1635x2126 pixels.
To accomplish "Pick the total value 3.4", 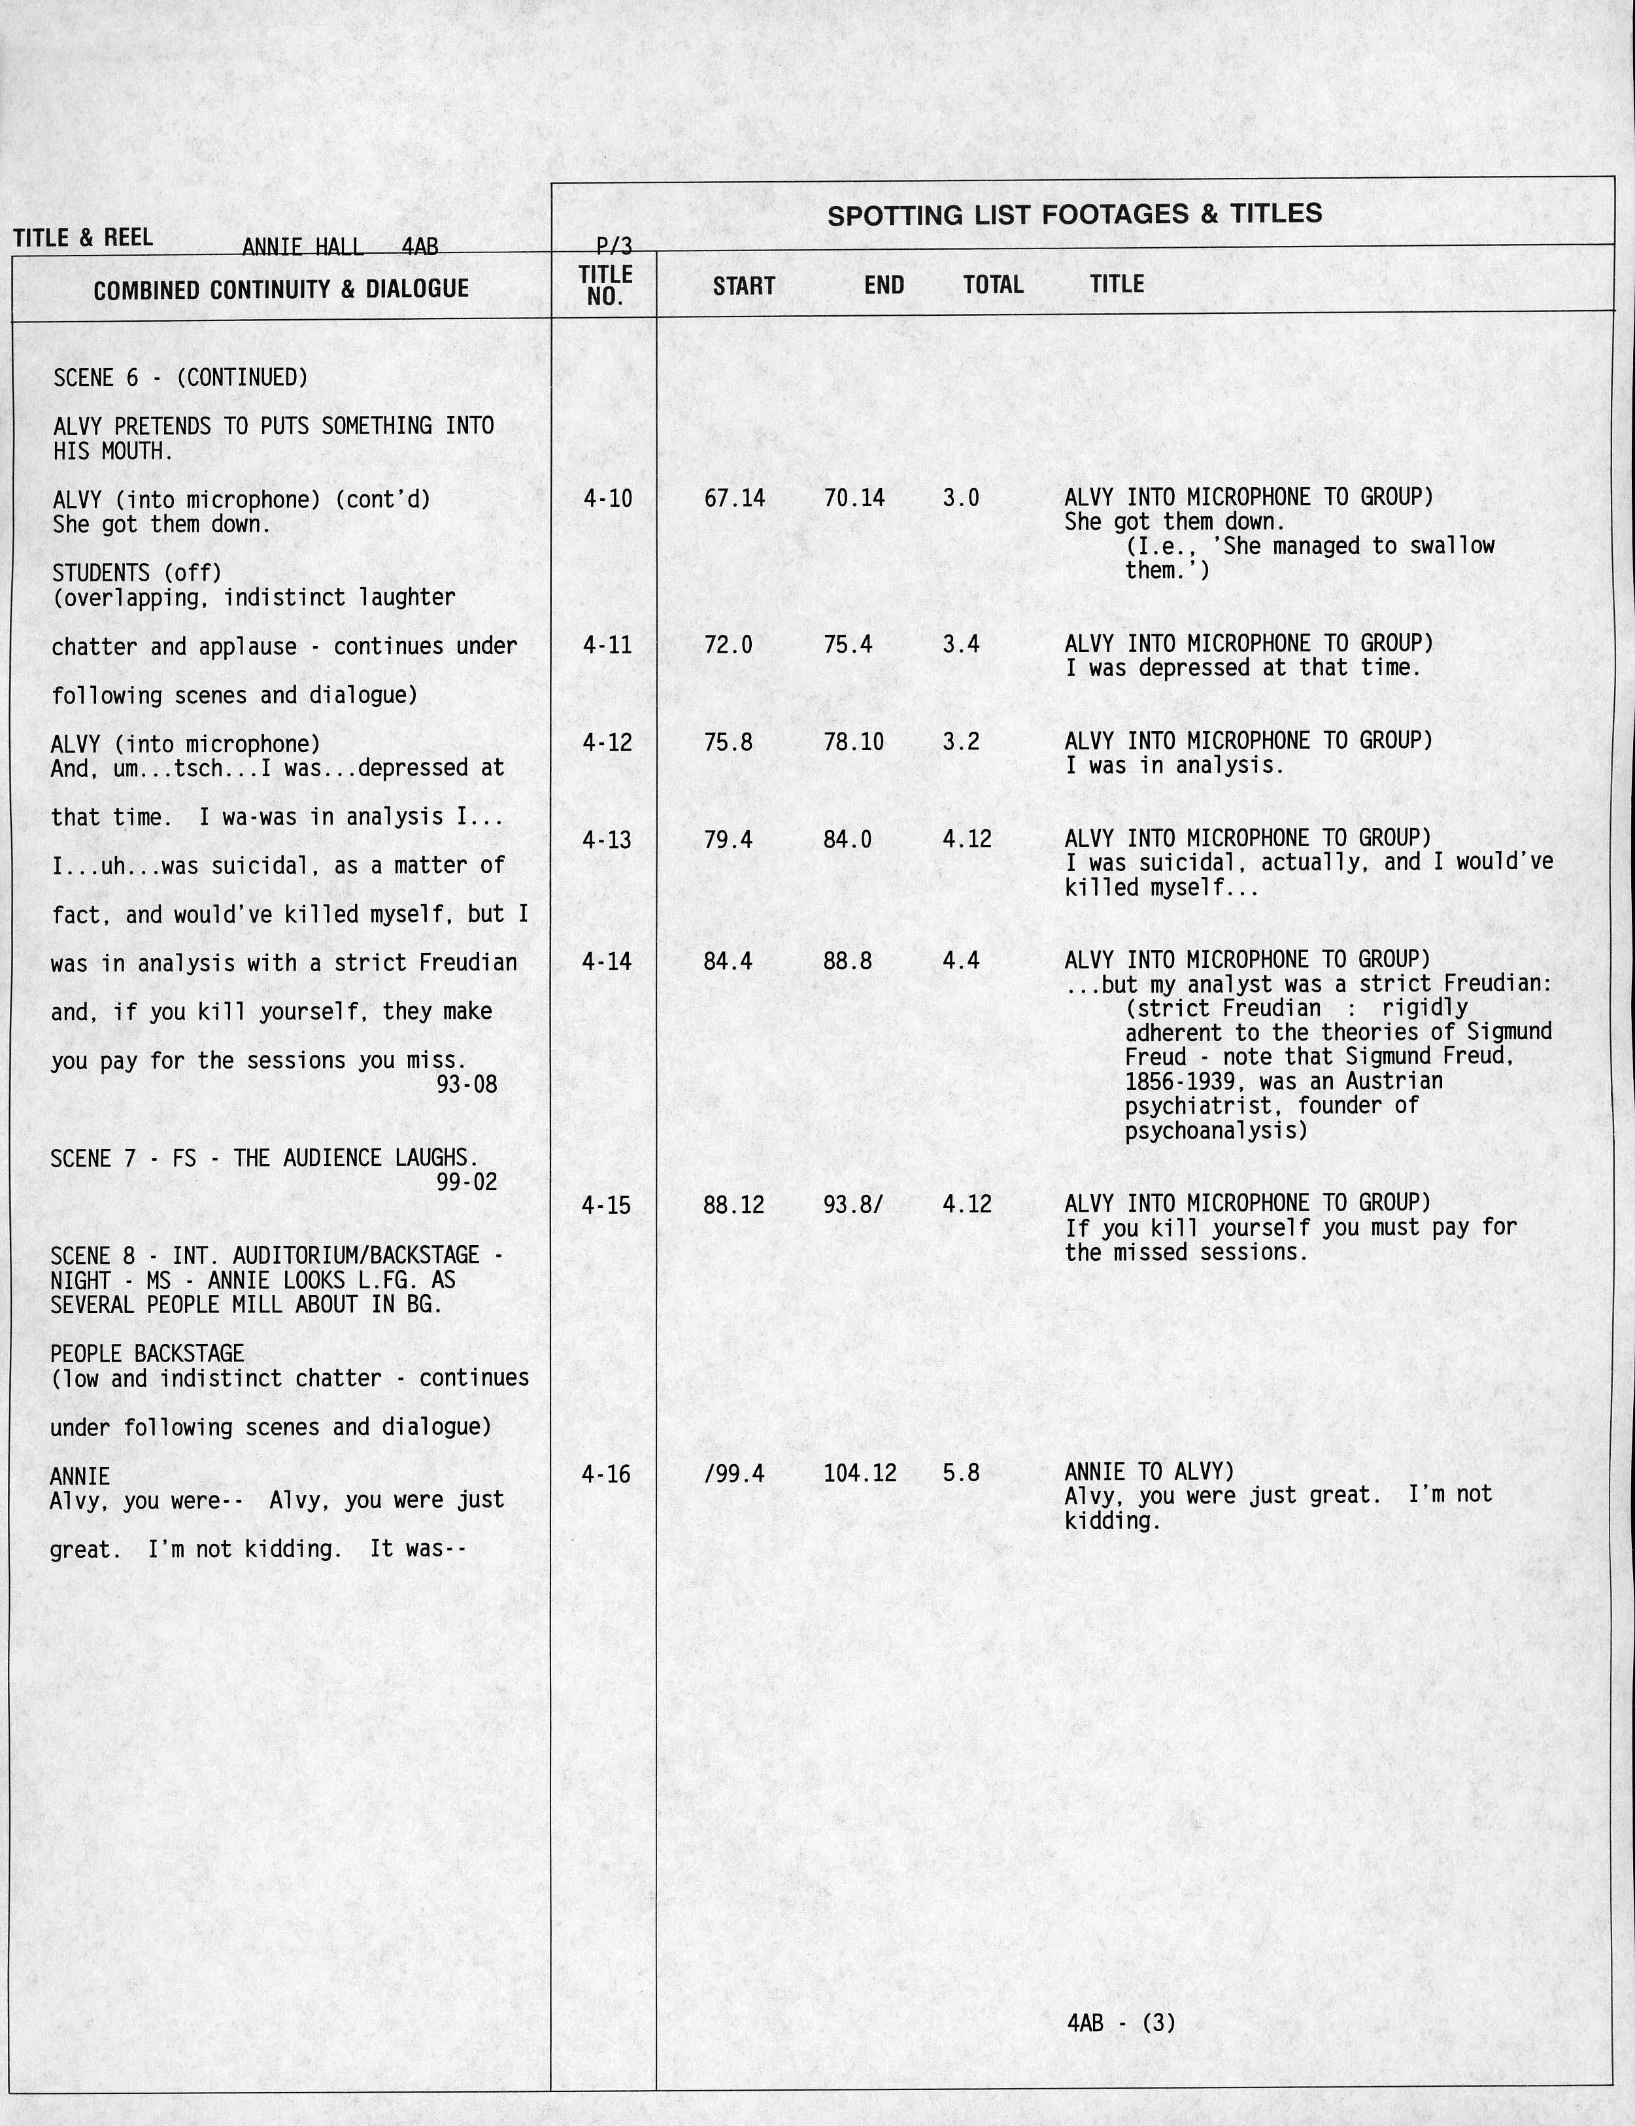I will pos(960,644).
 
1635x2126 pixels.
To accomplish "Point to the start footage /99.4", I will pos(733,1475).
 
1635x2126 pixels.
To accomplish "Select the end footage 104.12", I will pos(860,1474).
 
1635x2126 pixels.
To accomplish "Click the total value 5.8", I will pos(960,1474).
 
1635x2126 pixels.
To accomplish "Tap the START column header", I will pos(743,286).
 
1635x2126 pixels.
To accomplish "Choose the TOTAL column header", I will pos(992,285).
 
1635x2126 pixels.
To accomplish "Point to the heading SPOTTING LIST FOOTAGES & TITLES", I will pos(1075,214).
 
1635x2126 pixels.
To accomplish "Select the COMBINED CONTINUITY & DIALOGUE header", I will pos(281,289).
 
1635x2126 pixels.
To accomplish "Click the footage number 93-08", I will pos(466,1084).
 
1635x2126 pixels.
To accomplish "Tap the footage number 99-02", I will pos(466,1183).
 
